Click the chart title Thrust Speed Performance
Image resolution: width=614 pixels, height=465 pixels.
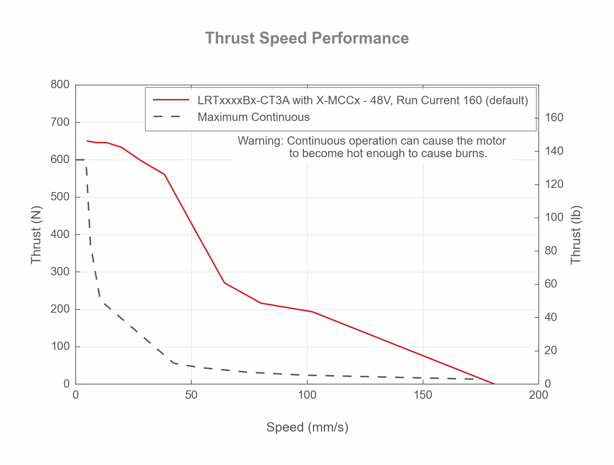point(307,38)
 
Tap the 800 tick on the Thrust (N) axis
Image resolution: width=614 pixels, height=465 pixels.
point(60,84)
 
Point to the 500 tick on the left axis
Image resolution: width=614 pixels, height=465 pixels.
point(60,197)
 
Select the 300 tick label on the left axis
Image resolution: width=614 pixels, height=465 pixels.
point(60,272)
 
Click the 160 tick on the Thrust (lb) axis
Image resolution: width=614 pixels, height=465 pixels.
point(554,117)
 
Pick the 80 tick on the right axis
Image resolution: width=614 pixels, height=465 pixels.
point(551,251)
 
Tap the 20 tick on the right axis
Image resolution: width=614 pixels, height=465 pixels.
point(551,350)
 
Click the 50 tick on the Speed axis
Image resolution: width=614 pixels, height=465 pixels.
point(191,395)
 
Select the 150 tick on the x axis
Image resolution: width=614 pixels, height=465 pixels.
point(423,395)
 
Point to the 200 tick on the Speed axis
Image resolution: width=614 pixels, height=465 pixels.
point(538,395)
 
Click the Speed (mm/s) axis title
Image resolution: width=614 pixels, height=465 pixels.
point(307,427)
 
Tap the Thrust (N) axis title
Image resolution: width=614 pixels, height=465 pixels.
point(36,235)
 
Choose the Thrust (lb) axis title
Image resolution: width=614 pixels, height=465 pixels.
point(576,235)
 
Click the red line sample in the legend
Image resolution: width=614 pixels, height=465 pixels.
point(171,100)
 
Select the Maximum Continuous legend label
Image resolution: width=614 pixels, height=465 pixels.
point(253,117)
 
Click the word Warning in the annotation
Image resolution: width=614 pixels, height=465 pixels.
point(260,141)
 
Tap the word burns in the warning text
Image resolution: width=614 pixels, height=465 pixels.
point(471,153)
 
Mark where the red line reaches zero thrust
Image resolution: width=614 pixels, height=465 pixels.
point(495,384)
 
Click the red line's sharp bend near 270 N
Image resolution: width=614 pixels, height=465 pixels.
point(225,283)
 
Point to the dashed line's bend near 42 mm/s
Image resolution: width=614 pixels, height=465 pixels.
point(173,363)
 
